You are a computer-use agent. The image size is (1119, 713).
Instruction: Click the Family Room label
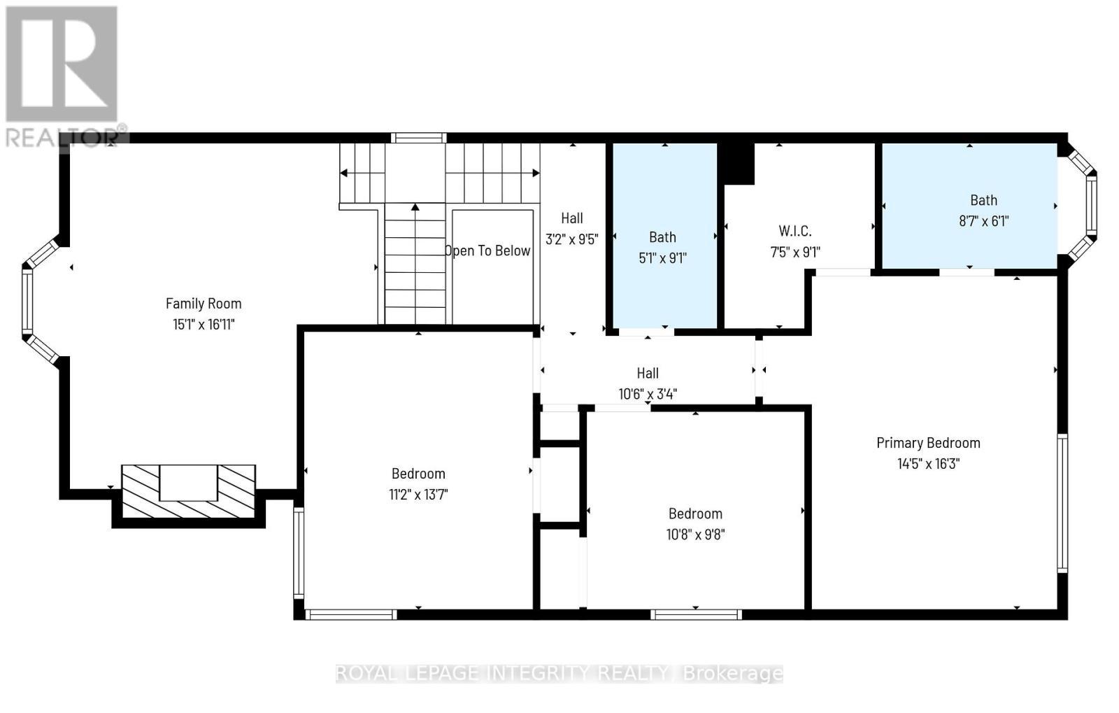tap(204, 303)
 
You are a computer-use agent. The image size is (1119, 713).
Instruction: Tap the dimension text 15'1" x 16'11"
tap(204, 324)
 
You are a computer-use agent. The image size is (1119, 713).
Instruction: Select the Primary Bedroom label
tap(928, 442)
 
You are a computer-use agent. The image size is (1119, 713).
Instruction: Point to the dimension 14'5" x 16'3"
tap(928, 463)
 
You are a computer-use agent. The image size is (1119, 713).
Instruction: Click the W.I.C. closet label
tap(795, 231)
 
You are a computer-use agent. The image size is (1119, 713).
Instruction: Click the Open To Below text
tap(488, 250)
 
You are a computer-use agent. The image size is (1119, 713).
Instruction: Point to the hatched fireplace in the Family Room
tap(188, 491)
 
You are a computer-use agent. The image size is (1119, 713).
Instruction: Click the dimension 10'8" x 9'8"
tap(695, 535)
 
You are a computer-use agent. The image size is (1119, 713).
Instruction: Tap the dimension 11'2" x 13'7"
tap(418, 495)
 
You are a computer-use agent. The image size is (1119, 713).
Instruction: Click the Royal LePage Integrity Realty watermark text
tap(559, 673)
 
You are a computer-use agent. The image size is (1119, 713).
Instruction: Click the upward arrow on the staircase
tap(415, 208)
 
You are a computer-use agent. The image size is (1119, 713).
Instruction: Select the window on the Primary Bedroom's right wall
tap(1062, 502)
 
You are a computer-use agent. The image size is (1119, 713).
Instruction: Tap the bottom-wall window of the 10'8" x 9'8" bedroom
tap(695, 614)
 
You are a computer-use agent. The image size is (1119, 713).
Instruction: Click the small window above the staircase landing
tap(418, 138)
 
